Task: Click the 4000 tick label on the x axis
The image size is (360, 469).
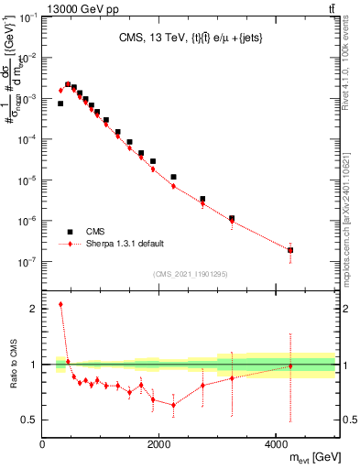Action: pyautogui.click(x=276, y=444)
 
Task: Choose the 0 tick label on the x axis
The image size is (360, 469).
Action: pyautogui.click(x=43, y=444)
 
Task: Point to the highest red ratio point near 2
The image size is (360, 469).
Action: pyautogui.click(x=60, y=304)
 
